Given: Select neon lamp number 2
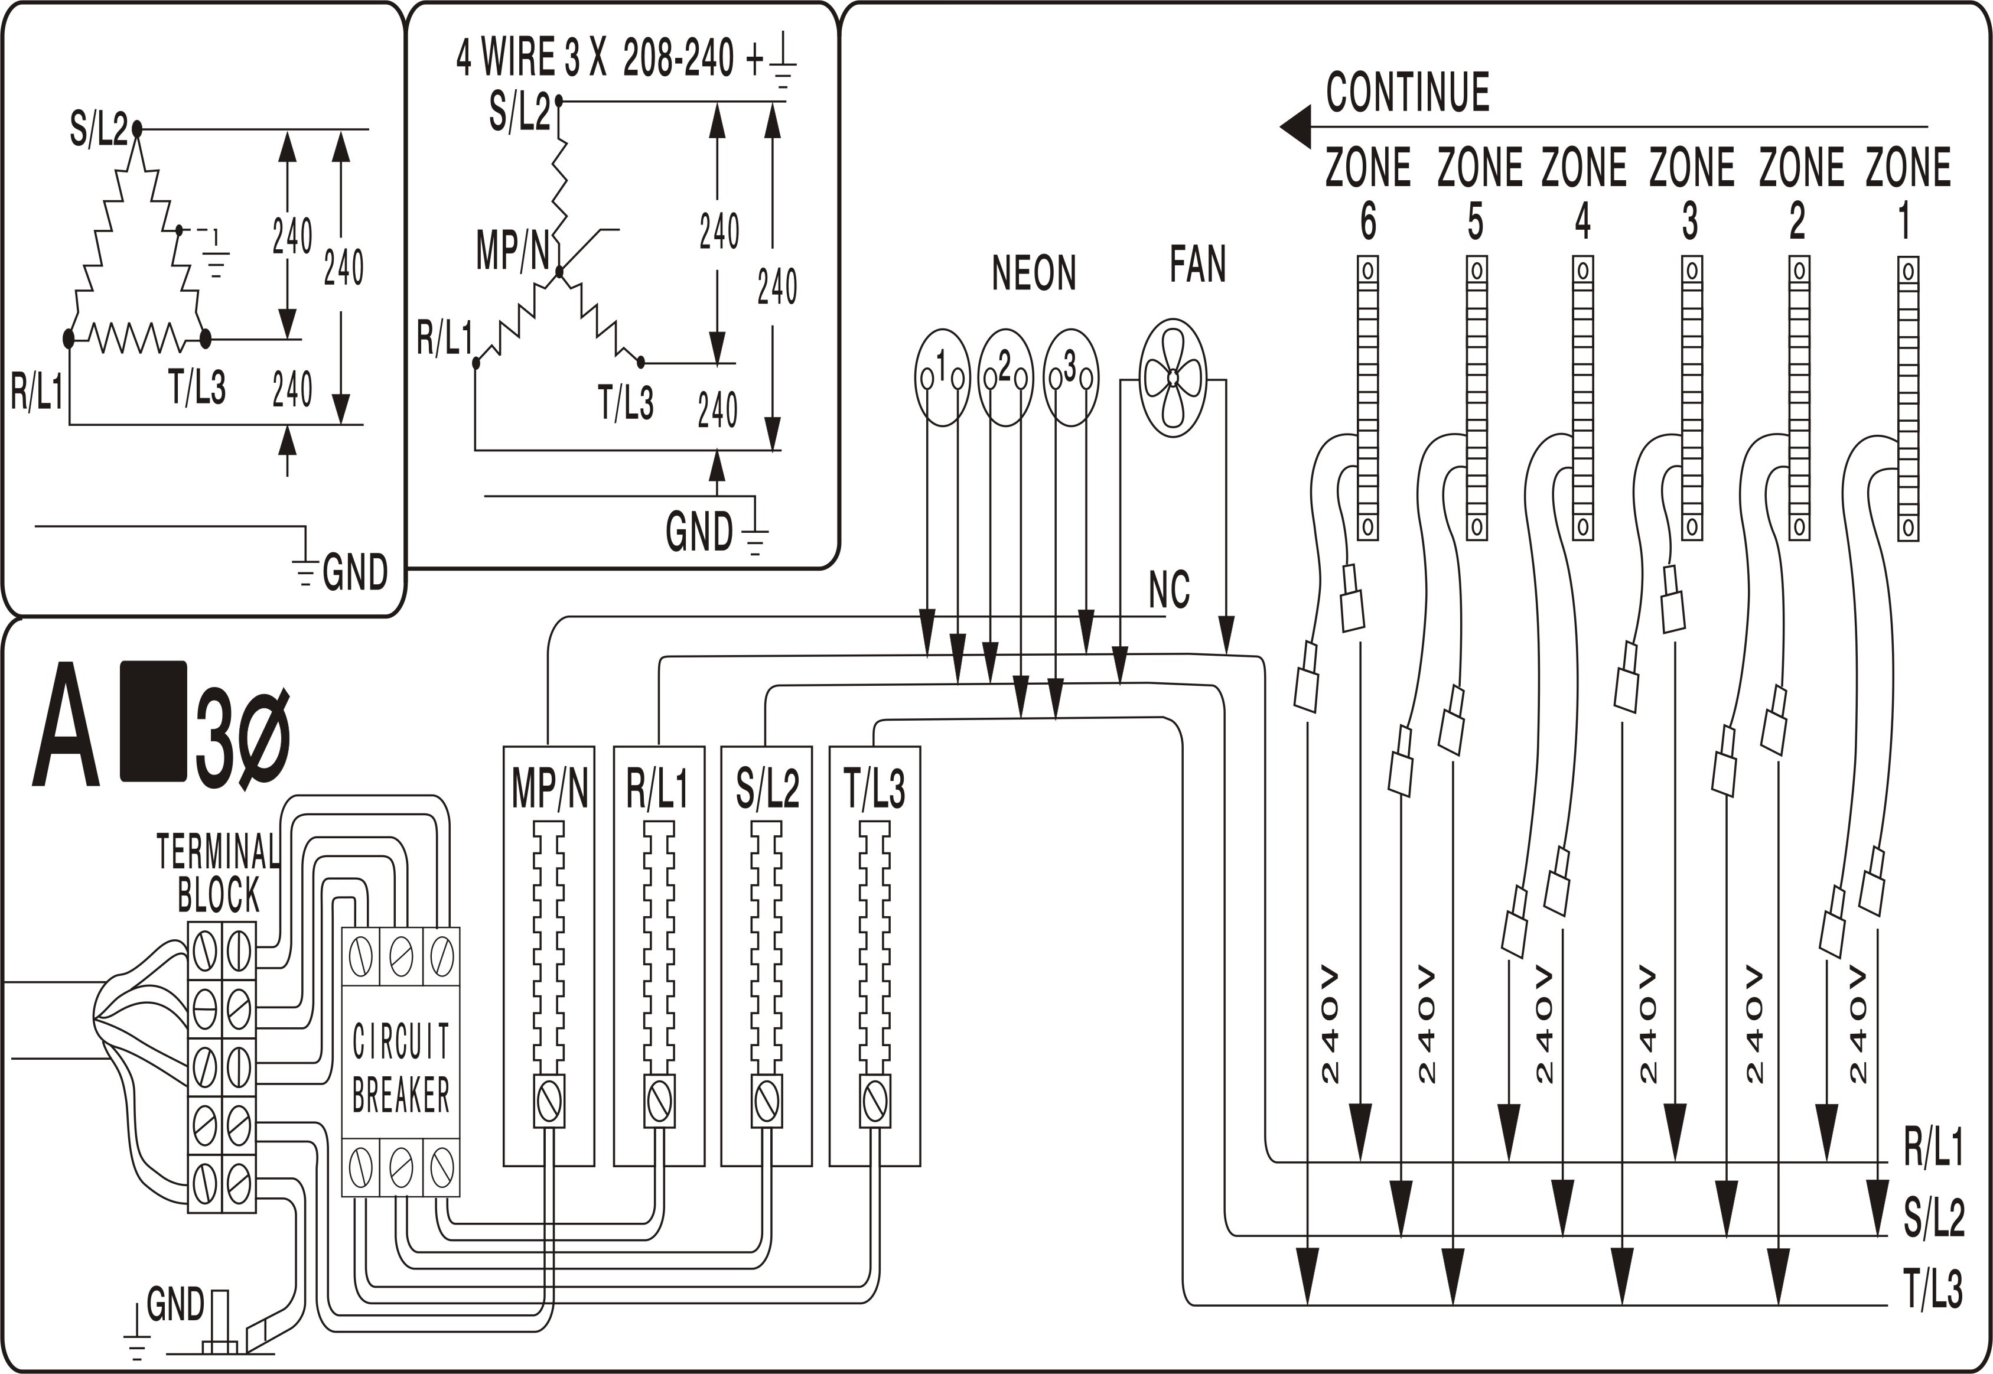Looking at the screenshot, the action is pos(1005,377).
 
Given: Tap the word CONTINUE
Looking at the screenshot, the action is pos(1408,93).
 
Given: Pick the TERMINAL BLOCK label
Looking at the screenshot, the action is pos(218,873).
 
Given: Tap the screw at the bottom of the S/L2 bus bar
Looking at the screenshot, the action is pos(766,1100).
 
